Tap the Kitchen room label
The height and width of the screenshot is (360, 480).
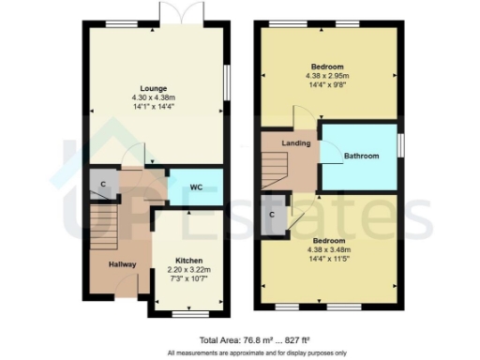coord(189,260)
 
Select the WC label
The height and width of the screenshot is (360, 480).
coord(196,187)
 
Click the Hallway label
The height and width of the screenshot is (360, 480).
coord(122,264)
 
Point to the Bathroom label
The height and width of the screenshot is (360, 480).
coord(361,156)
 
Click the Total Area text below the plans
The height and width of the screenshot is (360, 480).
coord(254,339)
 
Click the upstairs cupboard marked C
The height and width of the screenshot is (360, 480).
coord(272,215)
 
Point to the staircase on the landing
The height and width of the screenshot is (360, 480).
coord(272,170)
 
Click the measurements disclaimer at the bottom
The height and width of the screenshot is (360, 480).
coord(253,352)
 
